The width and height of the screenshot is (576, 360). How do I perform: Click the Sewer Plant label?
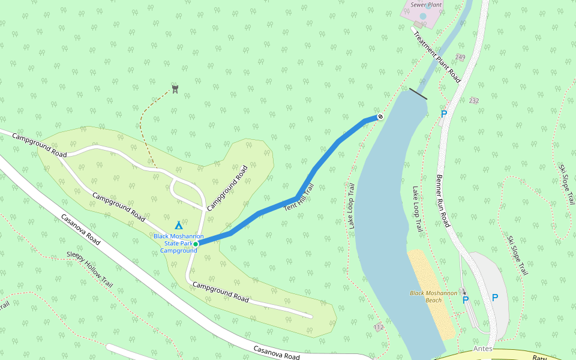coord(426,4)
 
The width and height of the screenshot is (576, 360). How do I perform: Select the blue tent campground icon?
coord(178,226)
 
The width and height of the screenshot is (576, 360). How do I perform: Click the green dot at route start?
coord(196,244)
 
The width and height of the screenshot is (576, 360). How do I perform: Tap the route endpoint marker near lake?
coord(380,116)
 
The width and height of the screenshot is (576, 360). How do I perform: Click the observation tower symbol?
coord(175,89)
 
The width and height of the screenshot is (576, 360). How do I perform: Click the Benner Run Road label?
coord(443,201)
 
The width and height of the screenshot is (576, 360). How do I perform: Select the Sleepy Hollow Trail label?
coord(90,269)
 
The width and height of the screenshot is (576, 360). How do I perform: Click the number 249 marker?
coord(460,57)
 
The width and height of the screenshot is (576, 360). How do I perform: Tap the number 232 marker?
coord(475,100)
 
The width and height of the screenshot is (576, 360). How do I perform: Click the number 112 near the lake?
coord(378,327)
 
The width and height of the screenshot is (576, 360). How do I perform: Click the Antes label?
coord(482,349)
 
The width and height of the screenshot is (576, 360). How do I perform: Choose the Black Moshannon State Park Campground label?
coord(178,243)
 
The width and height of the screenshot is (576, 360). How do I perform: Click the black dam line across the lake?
coord(418,94)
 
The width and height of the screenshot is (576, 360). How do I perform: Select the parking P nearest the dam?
coord(444,113)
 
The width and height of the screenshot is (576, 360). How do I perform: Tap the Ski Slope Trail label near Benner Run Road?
coord(517,255)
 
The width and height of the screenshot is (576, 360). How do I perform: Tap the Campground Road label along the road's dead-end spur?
coord(221,291)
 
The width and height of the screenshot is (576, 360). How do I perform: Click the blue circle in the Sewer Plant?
coord(423,16)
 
